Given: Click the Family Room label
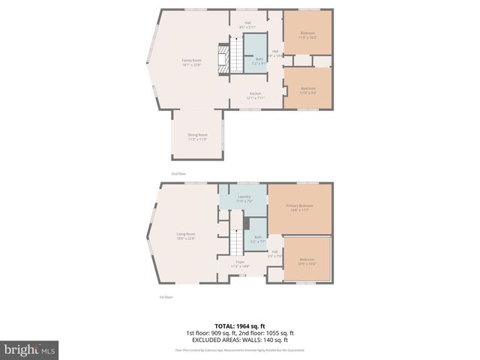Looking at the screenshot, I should click(191, 62).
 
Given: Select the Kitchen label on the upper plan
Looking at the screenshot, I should click(256, 95).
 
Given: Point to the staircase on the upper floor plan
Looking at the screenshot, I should click(236, 56).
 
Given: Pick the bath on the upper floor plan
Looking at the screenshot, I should click(259, 60).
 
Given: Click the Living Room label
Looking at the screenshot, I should click(186, 236).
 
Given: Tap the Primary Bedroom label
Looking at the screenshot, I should click(299, 207).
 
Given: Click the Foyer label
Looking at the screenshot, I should click(240, 264).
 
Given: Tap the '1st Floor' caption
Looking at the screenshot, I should click(166, 297).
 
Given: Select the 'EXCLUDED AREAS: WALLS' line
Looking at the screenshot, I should click(240, 340).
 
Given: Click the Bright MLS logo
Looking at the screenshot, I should click(30, 349).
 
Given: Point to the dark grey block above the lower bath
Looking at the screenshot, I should click(245, 223).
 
